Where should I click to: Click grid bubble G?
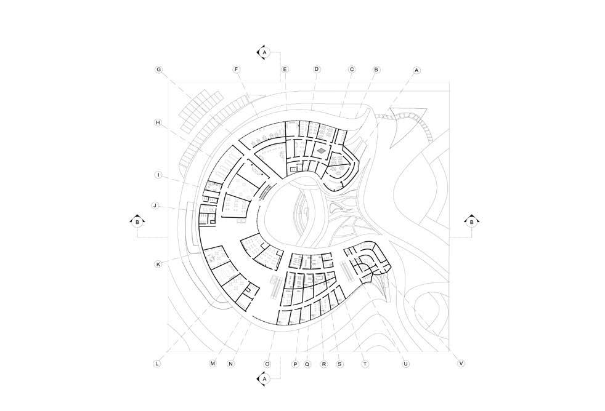tap(158, 70)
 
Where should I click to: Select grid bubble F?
tap(237, 70)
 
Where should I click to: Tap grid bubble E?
tap(285, 70)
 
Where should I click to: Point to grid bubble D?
tap(317, 70)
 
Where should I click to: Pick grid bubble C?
tap(352, 70)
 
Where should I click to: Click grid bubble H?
tap(158, 123)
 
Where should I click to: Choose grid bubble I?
tap(158, 175)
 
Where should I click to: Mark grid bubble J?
tap(155, 205)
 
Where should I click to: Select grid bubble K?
tap(158, 264)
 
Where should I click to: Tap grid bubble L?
tap(157, 364)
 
